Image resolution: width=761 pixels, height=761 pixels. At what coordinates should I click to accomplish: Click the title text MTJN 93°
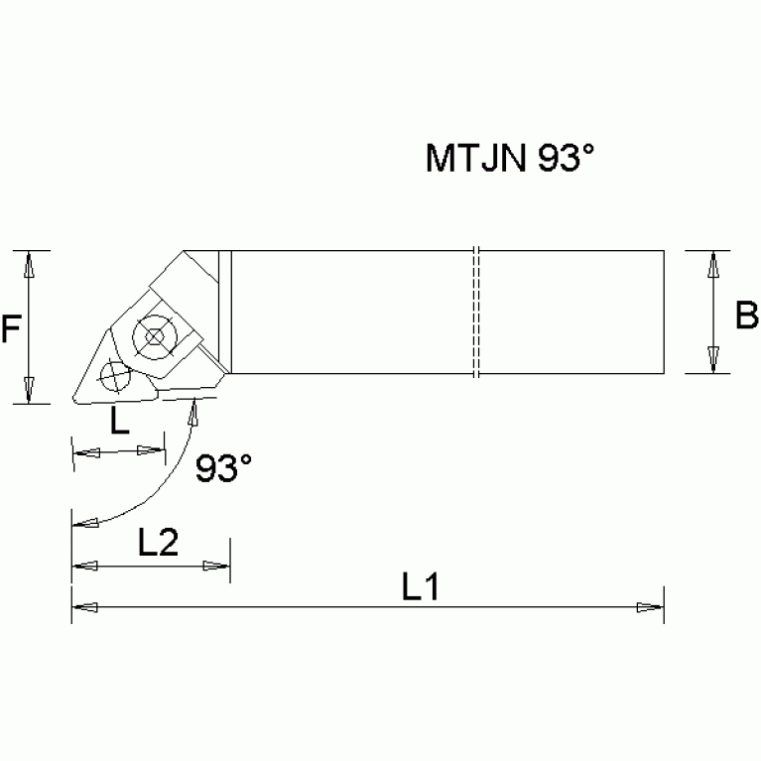[514, 159]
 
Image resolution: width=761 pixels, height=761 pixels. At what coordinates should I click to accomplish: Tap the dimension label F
[11, 327]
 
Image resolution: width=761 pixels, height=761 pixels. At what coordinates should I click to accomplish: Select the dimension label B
[746, 316]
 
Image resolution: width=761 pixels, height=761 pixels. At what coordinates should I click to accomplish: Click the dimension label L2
[158, 543]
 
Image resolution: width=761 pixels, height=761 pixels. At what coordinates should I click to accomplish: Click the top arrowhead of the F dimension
[29, 263]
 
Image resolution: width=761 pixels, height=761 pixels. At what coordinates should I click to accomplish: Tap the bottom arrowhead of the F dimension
[29, 391]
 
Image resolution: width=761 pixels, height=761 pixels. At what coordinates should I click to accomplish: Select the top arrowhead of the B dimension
[712, 264]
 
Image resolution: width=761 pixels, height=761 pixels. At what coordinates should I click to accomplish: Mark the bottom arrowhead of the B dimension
[712, 360]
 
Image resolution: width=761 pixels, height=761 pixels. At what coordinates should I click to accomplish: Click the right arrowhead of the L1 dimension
[650, 606]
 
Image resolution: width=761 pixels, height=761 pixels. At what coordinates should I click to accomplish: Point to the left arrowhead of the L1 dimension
[85, 606]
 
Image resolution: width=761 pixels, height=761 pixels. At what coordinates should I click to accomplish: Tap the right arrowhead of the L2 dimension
[216, 567]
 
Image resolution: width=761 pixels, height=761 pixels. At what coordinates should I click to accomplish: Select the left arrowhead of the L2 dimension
[85, 567]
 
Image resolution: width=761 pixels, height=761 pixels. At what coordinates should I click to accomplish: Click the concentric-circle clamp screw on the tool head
[154, 336]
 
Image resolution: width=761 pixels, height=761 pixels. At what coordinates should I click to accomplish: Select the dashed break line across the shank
[475, 313]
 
